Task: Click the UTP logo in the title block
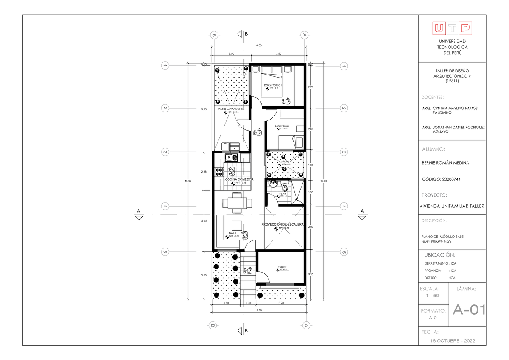452,28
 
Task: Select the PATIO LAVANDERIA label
231,109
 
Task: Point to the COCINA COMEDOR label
239,179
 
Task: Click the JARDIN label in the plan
284,162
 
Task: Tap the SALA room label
233,233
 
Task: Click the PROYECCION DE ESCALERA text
282,224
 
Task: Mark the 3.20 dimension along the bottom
281,303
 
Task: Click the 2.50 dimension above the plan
231,54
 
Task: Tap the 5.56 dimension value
204,109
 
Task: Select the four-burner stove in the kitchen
219,172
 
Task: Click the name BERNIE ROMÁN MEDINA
445,163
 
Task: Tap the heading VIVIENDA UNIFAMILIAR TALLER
452,207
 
